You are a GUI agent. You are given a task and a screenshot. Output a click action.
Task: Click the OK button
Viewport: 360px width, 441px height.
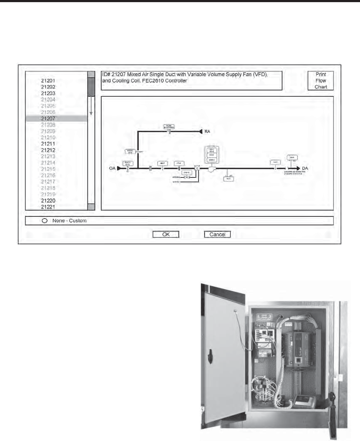pos(166,235)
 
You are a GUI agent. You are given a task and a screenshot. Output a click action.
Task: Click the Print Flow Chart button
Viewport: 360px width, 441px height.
pos(321,81)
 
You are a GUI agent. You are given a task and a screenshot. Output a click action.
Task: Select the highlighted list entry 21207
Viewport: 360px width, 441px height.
pos(48,119)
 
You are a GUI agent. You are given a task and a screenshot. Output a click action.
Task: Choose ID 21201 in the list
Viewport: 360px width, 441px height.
pos(48,81)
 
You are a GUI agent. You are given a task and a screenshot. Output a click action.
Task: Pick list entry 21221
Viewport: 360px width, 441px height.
pos(48,207)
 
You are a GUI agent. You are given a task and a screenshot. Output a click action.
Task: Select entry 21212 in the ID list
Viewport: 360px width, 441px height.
pos(48,150)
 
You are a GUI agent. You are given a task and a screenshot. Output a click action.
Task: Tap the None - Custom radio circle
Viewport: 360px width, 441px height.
pos(45,221)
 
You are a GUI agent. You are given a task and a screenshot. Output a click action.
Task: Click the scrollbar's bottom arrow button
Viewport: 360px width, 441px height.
pos(91,206)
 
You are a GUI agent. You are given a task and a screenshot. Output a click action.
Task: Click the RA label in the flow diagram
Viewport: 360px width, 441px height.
pos(207,131)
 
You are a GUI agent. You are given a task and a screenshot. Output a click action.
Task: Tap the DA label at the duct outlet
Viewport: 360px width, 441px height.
pos(305,168)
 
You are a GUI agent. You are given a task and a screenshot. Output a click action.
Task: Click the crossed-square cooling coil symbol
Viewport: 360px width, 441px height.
pos(197,167)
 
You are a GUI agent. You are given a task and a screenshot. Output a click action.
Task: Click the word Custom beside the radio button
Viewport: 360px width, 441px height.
pos(78,221)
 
